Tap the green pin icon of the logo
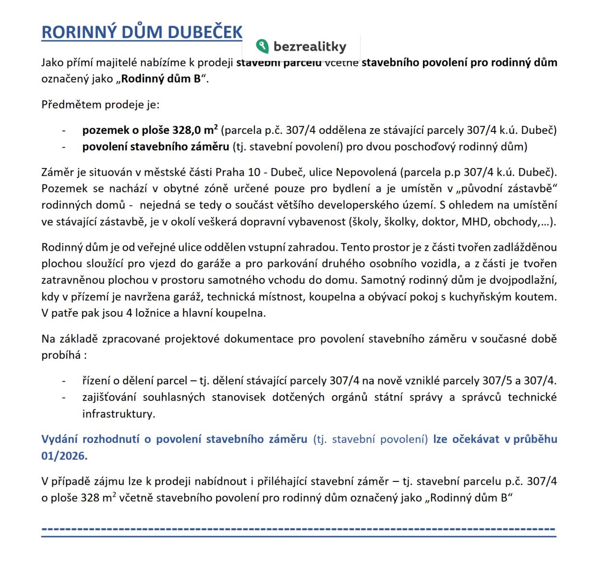tap(262, 46)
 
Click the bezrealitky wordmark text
tap(310, 47)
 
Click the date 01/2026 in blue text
tap(64, 456)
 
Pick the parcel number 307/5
tap(497, 381)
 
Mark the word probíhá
tap(61, 355)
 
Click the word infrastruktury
tap(118, 414)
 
